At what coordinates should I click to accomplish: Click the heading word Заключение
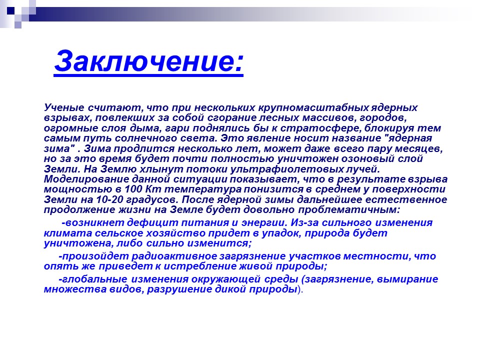(148, 61)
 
